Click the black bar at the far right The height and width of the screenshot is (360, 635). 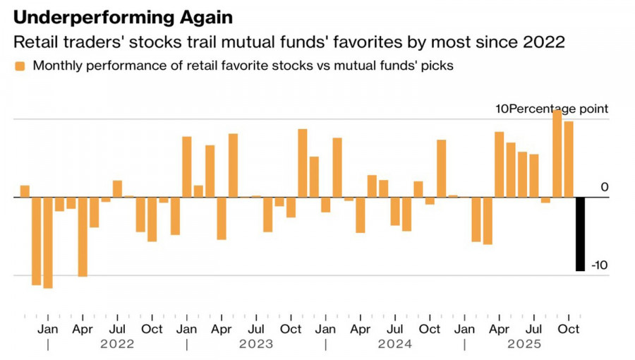coord(580,234)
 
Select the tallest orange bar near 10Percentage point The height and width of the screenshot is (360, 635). coord(557,153)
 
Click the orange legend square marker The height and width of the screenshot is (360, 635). coord(20,66)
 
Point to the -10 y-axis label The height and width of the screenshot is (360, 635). coord(599,265)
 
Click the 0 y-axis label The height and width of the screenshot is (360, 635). coord(604,187)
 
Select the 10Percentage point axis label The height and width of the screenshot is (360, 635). coord(551,109)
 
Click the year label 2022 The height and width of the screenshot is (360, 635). coord(117,344)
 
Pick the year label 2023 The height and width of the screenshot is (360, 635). coord(256,344)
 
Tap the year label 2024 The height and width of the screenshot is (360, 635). coord(395,344)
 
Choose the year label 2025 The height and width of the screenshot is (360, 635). coord(525,344)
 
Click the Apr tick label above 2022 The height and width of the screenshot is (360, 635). coord(83,329)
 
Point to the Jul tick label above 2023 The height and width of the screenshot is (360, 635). coord(256,329)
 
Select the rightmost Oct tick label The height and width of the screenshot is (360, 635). coord(569,329)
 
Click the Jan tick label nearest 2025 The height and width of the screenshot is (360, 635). coord(464,329)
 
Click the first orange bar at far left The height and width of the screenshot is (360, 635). coord(25,191)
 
